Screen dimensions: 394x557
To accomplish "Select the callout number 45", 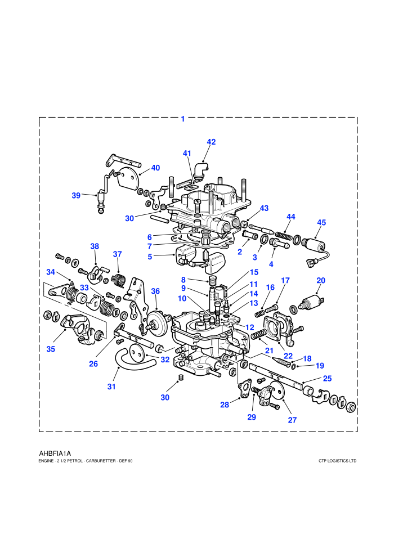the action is coord(321,222).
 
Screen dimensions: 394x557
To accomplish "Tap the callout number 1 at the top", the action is coord(183,119).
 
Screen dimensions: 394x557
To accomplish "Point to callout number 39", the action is coord(76,195).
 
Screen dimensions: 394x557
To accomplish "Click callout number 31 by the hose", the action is coord(111,387).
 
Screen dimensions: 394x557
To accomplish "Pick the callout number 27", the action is coord(292,420).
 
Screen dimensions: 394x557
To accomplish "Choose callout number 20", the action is coord(321,280).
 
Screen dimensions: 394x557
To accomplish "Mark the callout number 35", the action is coord(51,349).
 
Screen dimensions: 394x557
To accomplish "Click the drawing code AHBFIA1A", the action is coord(55,453).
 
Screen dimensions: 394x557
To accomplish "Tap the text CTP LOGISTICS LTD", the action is coord(338,461).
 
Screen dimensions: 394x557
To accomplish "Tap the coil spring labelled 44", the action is coord(284,235).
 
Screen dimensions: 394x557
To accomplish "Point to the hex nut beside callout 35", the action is coord(47,315).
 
